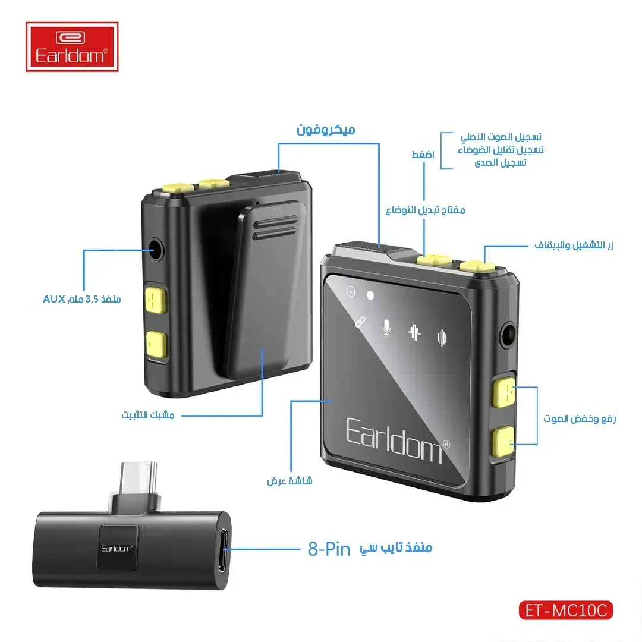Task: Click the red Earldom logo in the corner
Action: [72, 47]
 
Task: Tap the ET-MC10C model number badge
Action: [566, 610]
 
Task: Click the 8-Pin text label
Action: [329, 549]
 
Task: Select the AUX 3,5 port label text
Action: [82, 299]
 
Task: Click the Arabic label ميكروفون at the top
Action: [326, 130]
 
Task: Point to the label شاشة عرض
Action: [290, 481]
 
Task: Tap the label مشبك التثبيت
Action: [148, 415]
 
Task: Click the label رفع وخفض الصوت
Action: [580, 418]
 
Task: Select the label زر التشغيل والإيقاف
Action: [574, 246]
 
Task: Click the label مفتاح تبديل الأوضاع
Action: [426, 210]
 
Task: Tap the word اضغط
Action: [423, 155]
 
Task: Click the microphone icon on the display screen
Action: [386, 327]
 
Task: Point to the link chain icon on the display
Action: [360, 322]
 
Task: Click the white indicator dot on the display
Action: [370, 295]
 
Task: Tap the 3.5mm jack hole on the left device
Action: [155, 249]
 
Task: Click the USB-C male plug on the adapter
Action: [139, 479]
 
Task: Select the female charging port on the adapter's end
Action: [224, 550]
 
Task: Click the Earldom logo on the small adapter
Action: [117, 549]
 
